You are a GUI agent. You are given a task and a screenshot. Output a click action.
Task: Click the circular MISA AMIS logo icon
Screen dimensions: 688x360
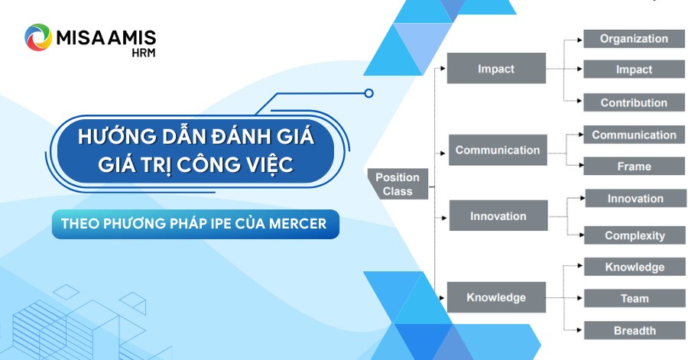(38, 37)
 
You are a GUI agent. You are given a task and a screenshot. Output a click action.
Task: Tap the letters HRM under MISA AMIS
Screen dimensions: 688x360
(144, 53)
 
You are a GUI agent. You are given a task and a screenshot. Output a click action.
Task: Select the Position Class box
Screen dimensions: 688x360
(398, 184)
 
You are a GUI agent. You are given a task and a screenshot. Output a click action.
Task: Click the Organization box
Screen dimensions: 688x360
(634, 38)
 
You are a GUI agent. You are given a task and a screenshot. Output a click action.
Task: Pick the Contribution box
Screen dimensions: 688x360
(634, 102)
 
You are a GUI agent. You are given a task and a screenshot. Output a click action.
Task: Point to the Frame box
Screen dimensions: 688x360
(634, 166)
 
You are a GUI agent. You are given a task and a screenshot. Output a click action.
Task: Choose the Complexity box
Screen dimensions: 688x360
(635, 235)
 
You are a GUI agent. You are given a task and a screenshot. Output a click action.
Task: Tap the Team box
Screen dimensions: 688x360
(634, 299)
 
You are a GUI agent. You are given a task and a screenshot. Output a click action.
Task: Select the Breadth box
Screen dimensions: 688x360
(634, 331)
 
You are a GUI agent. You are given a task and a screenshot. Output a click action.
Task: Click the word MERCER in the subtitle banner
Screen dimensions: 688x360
(298, 224)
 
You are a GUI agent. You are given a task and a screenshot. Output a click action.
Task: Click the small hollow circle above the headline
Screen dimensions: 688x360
(369, 93)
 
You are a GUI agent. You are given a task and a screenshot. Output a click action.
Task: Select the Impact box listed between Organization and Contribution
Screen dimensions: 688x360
(634, 70)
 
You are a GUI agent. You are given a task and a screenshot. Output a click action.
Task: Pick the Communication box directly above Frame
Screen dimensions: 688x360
(634, 135)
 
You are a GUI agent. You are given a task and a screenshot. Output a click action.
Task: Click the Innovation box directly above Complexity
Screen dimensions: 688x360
(636, 198)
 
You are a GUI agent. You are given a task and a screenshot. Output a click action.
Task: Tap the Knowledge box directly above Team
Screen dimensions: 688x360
(634, 267)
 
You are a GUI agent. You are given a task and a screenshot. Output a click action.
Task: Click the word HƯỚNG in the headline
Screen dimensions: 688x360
(118, 136)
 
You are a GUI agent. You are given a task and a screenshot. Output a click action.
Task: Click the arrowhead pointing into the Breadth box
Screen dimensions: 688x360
(579, 330)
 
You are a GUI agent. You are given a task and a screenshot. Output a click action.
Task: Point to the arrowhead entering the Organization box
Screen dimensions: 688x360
(579, 40)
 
